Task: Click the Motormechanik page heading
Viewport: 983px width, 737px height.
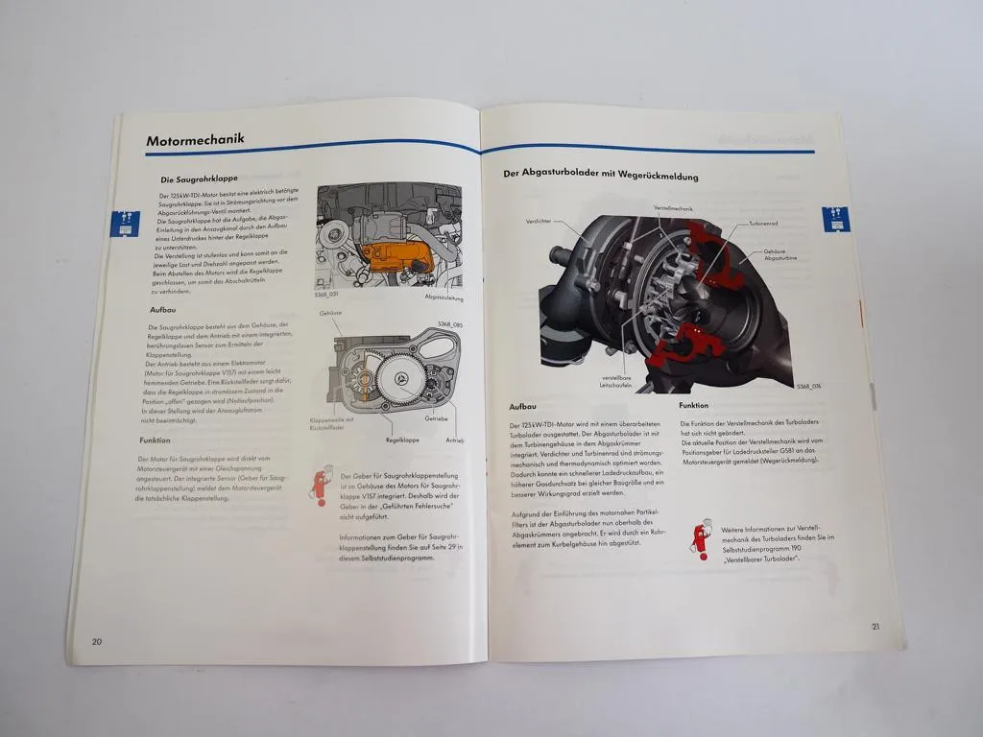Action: pyautogui.click(x=195, y=140)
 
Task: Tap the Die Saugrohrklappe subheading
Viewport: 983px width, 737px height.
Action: pyautogui.click(x=199, y=178)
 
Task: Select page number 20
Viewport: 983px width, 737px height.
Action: pyautogui.click(x=97, y=641)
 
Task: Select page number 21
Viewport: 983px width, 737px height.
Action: pyautogui.click(x=875, y=627)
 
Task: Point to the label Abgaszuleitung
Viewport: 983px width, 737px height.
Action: pyautogui.click(x=444, y=297)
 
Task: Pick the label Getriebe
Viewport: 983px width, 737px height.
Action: pyautogui.click(x=437, y=419)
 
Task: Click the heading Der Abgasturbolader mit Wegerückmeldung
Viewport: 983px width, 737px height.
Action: pyautogui.click(x=600, y=177)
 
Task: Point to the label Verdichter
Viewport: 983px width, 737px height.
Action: pyautogui.click(x=538, y=221)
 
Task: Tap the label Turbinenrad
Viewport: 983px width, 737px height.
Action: pyautogui.click(x=763, y=222)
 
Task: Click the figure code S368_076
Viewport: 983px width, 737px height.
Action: pyautogui.click(x=808, y=386)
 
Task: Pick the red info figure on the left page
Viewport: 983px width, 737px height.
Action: pyautogui.click(x=319, y=486)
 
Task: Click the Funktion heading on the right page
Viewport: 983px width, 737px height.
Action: pyautogui.click(x=694, y=406)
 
